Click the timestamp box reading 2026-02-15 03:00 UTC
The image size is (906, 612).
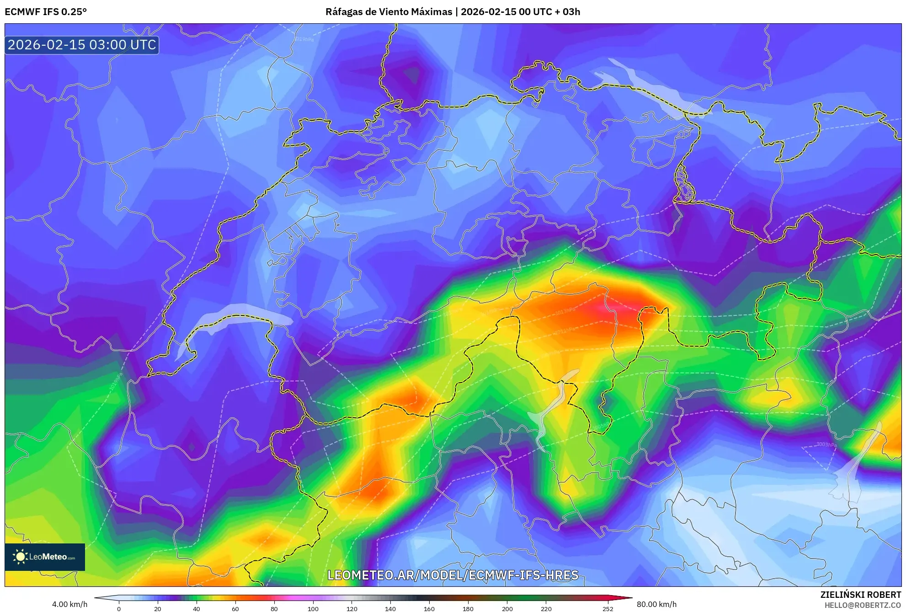tap(82, 45)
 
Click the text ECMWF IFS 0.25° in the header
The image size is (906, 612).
tap(46, 12)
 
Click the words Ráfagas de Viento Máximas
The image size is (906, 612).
tap(389, 12)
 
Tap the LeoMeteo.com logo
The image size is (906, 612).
tap(45, 557)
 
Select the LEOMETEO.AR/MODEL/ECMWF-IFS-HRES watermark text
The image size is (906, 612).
tap(453, 575)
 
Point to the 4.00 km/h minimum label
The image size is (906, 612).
tap(69, 604)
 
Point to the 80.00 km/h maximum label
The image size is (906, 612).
tap(656, 604)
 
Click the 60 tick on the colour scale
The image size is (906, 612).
tap(235, 608)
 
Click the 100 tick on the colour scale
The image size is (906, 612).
tap(313, 608)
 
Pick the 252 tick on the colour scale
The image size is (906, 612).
tap(608, 608)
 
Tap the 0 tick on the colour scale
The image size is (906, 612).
tap(119, 608)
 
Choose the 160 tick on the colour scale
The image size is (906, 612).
tap(429, 608)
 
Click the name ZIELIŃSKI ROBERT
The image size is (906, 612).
tap(860, 595)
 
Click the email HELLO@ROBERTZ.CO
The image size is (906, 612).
tap(863, 605)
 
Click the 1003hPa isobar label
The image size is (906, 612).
tap(826, 445)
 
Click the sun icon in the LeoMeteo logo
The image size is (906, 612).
tap(20, 557)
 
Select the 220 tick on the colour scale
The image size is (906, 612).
tap(546, 608)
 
